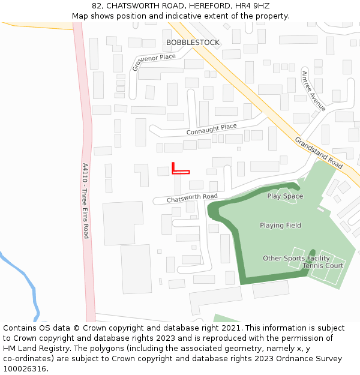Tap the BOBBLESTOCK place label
[x=193, y=43]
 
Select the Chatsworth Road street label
[x=192, y=197]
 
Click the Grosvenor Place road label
[x=154, y=62]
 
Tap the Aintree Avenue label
[x=313, y=91]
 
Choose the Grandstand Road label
[x=319, y=153]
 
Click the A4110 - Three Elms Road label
[x=85, y=200]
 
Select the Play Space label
[x=285, y=196]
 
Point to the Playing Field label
[x=280, y=226]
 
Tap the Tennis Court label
[x=323, y=266]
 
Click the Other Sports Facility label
[x=296, y=259]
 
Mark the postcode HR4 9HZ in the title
[x=254, y=6]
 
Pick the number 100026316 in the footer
[x=24, y=369]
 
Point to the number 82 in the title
[x=98, y=6]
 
